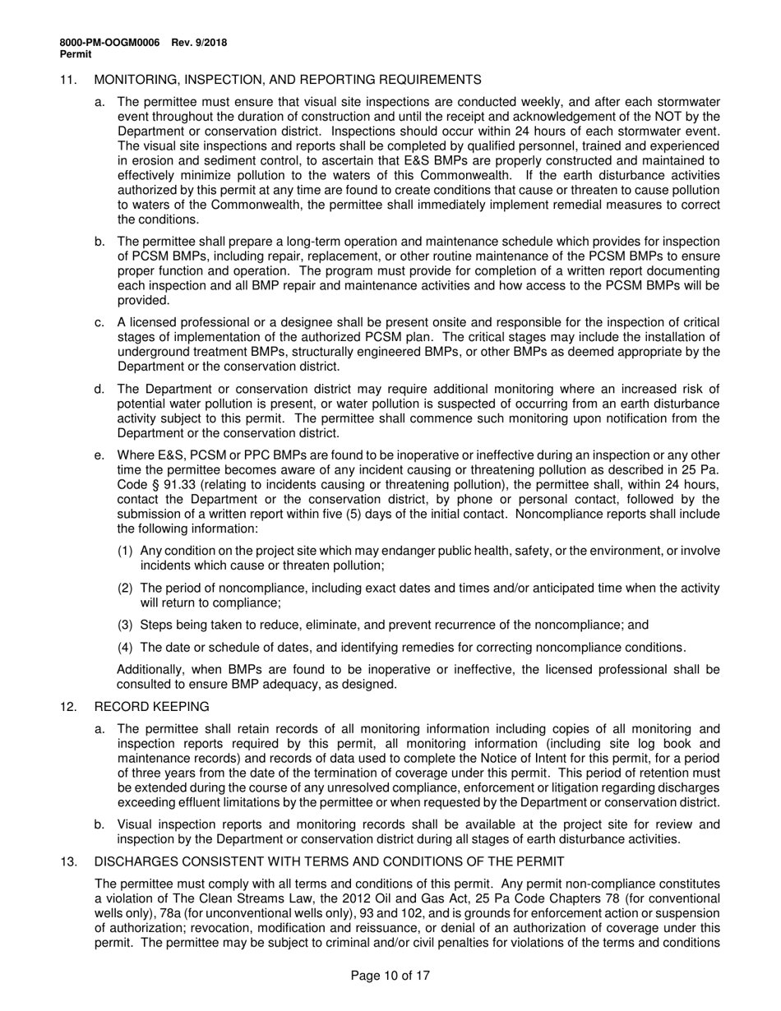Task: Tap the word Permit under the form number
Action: pyautogui.click(x=76, y=54)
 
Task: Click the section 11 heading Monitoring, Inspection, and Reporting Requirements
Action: pyautogui.click(x=288, y=80)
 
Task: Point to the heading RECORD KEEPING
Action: pyautogui.click(x=152, y=707)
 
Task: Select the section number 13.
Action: pyautogui.click(x=67, y=861)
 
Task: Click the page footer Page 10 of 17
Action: pyautogui.click(x=390, y=976)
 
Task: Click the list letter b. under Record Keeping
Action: pyautogui.click(x=99, y=824)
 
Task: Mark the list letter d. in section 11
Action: pyautogui.click(x=99, y=389)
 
